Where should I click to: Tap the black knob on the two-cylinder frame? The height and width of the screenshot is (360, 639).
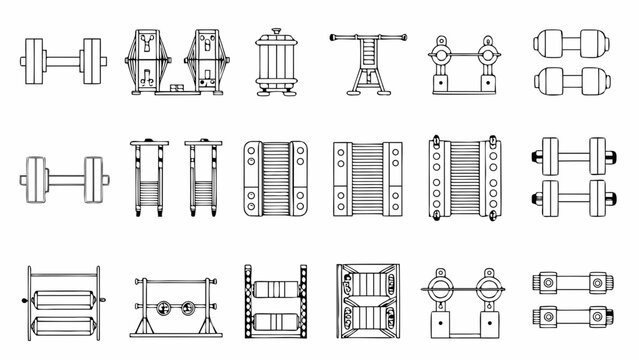(22, 301)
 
